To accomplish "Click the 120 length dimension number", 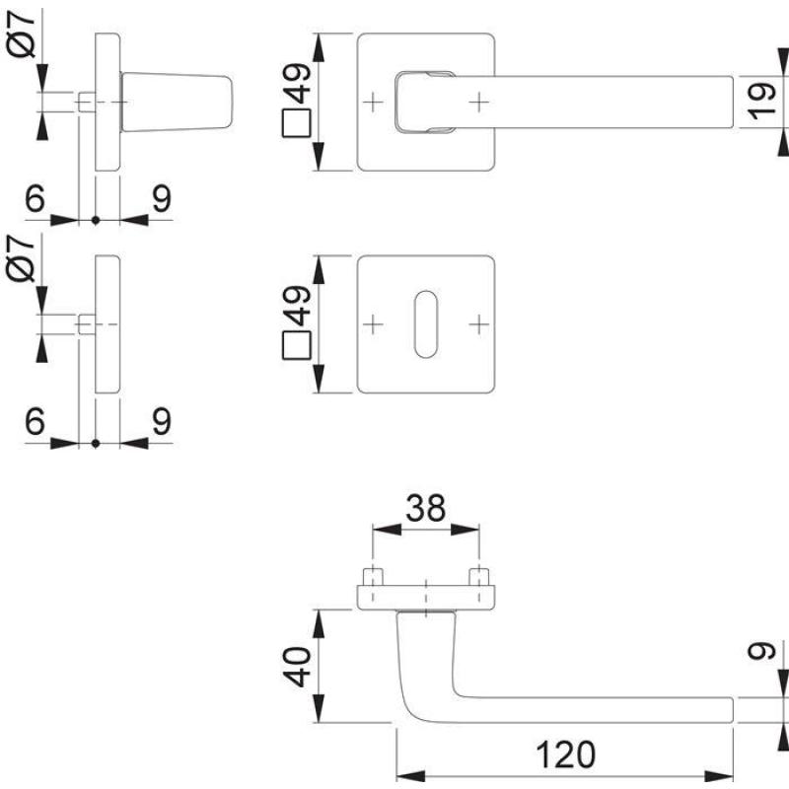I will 567,754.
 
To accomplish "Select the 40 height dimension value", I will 299,667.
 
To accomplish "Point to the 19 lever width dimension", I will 758,102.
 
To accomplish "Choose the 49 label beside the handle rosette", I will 298,83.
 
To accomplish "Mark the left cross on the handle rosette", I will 374,101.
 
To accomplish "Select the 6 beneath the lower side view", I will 36,421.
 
